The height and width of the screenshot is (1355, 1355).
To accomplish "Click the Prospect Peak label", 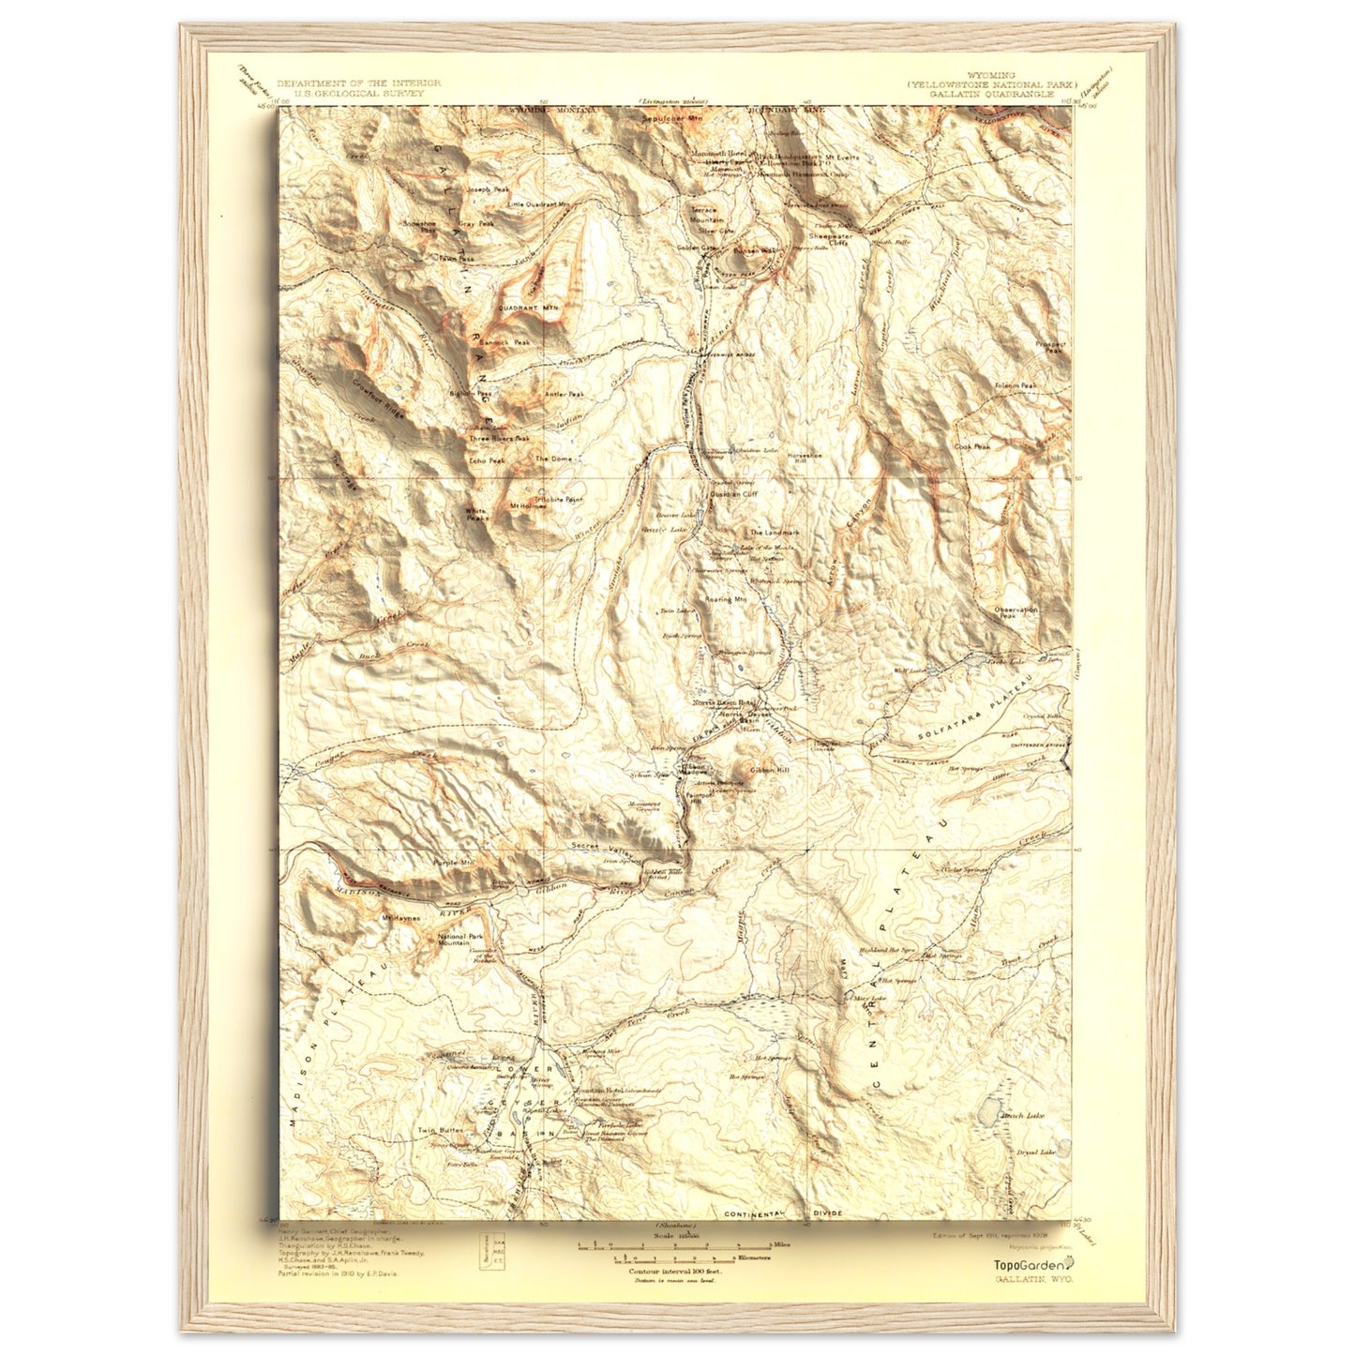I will pyautogui.click(x=1049, y=348).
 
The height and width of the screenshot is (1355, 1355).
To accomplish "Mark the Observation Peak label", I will pyautogui.click(x=1017, y=612).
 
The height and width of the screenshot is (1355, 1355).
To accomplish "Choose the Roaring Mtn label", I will pyautogui.click(x=727, y=597).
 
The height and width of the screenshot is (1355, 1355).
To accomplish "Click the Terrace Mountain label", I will pyautogui.click(x=707, y=215).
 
